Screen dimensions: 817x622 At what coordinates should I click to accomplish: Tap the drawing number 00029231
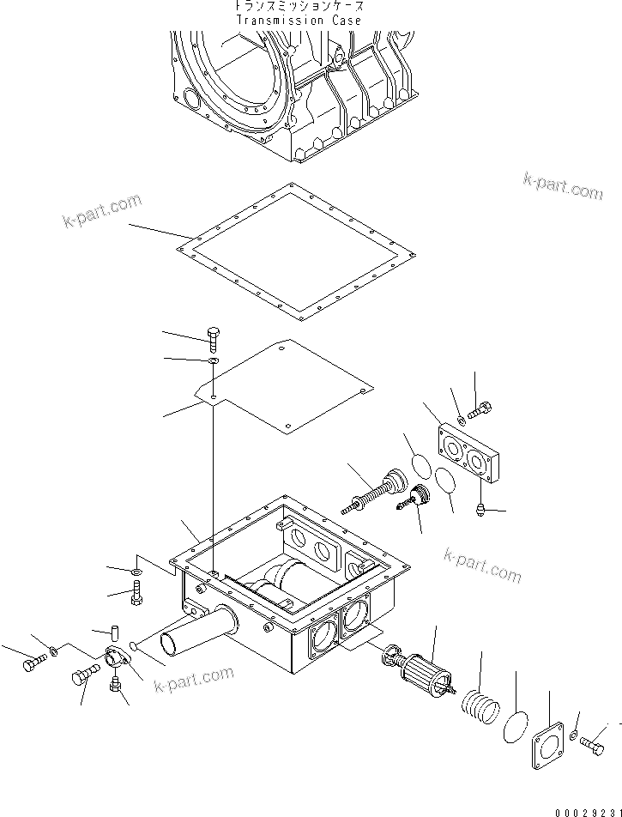[584, 808]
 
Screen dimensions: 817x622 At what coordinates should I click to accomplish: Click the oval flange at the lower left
[117, 659]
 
